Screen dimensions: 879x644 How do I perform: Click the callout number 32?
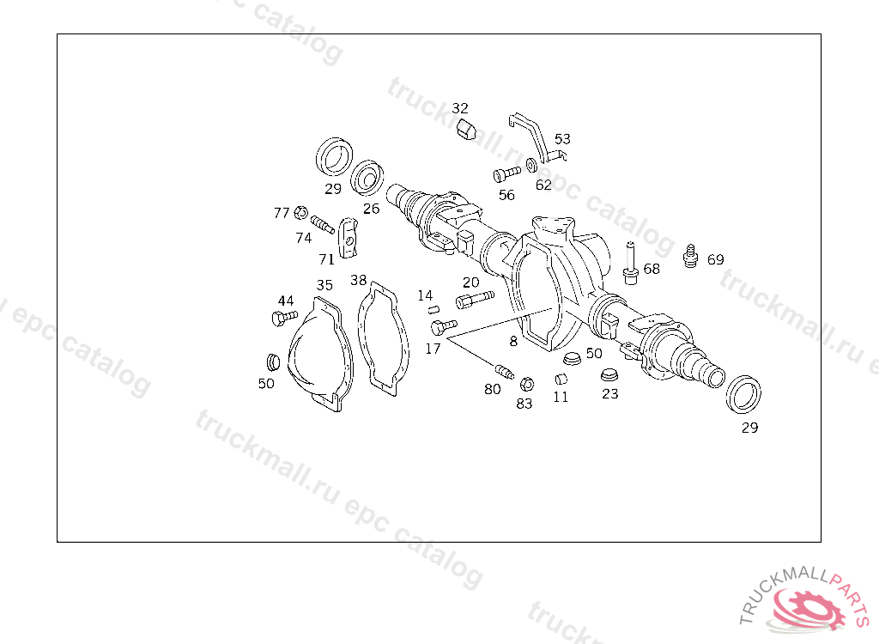(x=460, y=108)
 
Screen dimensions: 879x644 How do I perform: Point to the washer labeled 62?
(x=532, y=165)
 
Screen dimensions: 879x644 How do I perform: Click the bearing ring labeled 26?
(x=369, y=177)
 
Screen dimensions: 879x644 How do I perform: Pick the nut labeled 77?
(x=300, y=212)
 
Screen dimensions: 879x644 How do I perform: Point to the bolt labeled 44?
(x=280, y=319)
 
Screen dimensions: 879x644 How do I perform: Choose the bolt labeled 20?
(x=475, y=299)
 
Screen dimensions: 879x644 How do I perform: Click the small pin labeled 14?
(x=433, y=309)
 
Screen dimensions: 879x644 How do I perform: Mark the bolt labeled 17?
(x=443, y=326)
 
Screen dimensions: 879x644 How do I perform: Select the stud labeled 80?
(x=504, y=371)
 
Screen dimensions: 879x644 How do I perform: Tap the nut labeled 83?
(x=528, y=384)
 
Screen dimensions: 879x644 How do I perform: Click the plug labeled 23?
(x=609, y=375)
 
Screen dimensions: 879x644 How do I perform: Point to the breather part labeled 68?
(x=630, y=262)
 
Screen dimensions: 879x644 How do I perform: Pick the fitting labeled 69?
(x=688, y=255)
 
